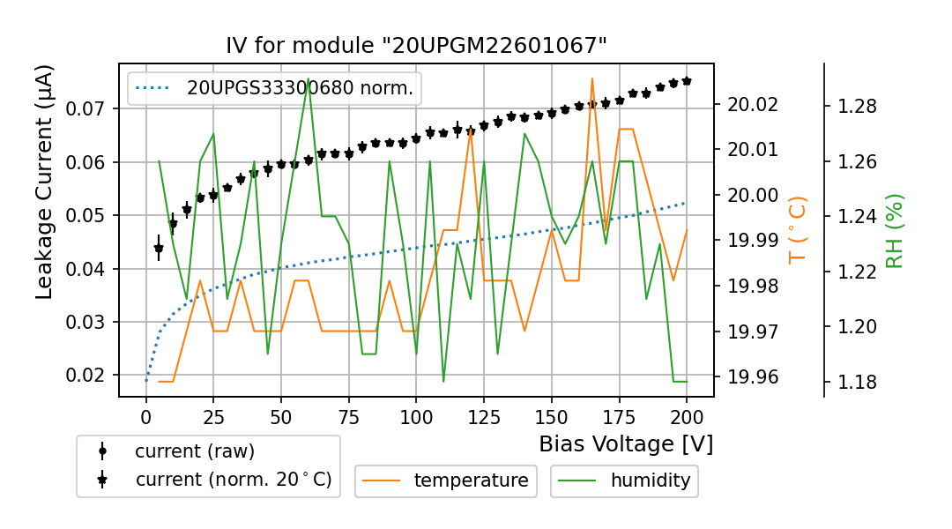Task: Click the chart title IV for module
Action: point(416,46)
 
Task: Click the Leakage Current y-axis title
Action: point(45,182)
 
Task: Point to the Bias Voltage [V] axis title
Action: point(626,443)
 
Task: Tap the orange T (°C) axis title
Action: point(797,229)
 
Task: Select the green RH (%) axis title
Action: point(895,231)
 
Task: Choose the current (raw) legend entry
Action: point(194,451)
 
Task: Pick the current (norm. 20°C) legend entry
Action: point(233,480)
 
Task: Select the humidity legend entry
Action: point(651,481)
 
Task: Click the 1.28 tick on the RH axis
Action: point(852,106)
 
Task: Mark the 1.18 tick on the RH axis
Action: point(852,382)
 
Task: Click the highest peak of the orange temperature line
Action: point(591,78)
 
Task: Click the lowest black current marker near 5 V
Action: point(159,250)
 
